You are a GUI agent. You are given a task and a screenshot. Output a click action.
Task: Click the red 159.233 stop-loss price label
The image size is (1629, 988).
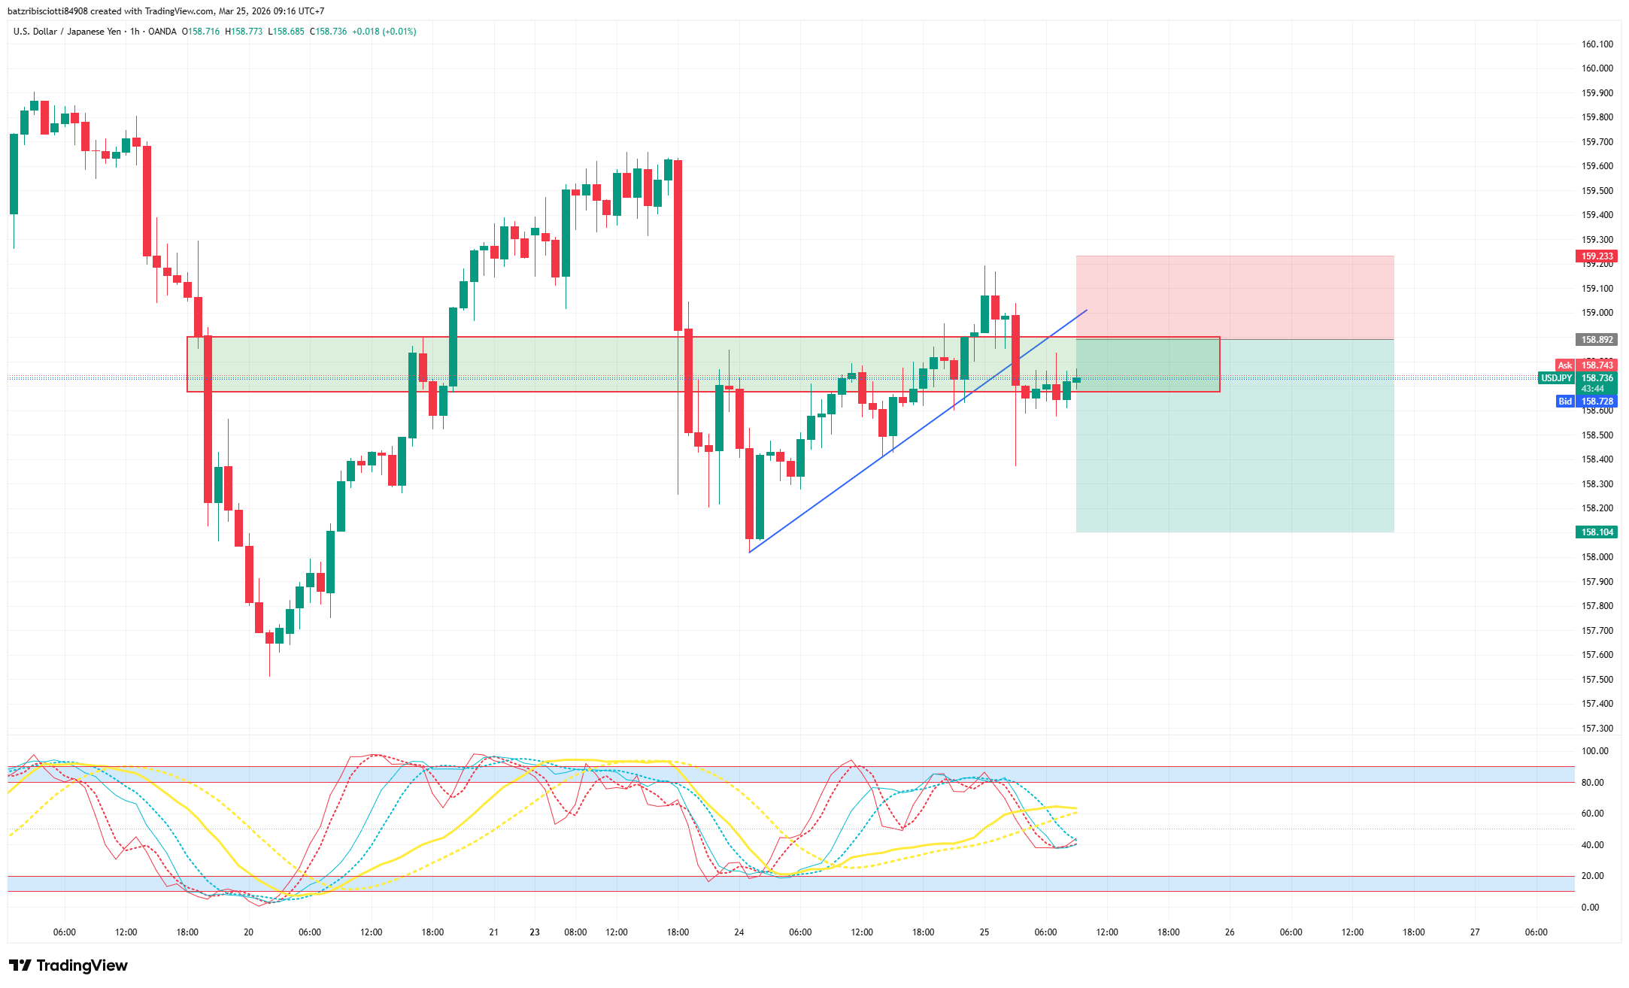[1597, 256]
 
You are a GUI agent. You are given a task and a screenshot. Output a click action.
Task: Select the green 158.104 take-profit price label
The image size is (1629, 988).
[1597, 532]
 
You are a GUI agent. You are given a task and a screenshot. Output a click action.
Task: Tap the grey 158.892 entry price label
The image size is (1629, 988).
[1597, 340]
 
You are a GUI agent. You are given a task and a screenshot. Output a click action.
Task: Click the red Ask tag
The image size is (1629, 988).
[1564, 365]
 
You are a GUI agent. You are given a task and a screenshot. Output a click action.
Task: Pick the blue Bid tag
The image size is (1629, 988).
[1564, 402]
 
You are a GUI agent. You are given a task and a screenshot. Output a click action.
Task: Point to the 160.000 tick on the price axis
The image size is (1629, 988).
[1597, 68]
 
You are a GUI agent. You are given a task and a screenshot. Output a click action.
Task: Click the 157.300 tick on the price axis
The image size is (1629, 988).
[1597, 729]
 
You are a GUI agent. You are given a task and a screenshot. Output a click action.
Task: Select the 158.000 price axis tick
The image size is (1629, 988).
[1597, 557]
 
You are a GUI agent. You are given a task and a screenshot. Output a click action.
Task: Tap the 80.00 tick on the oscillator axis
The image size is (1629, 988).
[1592, 783]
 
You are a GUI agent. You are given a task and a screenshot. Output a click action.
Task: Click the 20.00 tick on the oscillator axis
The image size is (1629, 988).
[1592, 876]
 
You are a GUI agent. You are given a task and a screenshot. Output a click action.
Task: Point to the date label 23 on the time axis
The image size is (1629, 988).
[535, 932]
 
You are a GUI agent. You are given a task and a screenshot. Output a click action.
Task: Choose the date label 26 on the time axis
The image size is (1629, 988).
[1230, 932]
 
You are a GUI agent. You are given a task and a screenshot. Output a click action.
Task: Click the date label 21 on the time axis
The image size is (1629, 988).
[494, 932]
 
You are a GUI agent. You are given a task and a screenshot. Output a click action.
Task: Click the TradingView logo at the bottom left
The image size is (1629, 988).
[68, 965]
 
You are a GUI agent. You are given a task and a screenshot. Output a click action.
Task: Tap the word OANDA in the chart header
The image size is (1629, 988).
[162, 32]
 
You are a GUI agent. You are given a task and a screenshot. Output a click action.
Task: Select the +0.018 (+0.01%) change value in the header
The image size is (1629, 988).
[384, 32]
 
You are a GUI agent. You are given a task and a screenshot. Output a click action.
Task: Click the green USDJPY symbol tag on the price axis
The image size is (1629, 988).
[1556, 378]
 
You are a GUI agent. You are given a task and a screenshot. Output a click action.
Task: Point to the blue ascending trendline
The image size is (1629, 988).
[902, 444]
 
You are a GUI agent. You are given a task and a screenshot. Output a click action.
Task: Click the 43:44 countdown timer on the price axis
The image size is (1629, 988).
[1593, 389]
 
